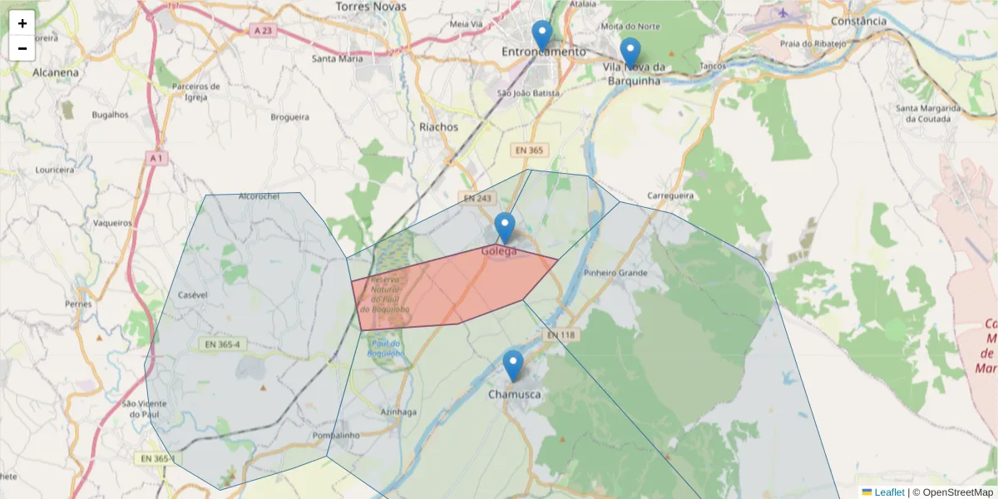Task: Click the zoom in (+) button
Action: click(22, 23)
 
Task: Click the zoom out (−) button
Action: click(22, 48)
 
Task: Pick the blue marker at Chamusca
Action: click(513, 365)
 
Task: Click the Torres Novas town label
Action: click(371, 7)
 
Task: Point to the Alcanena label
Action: click(56, 72)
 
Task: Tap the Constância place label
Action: click(858, 21)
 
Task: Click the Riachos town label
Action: click(439, 127)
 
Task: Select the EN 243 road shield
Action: click(478, 199)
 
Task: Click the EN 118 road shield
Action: click(561, 334)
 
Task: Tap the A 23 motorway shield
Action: click(263, 31)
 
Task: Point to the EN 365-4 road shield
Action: click(221, 343)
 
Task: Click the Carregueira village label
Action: click(670, 196)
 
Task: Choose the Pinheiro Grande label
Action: click(615, 273)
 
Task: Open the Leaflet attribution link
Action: click(889, 492)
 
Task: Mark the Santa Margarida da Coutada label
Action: click(928, 113)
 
